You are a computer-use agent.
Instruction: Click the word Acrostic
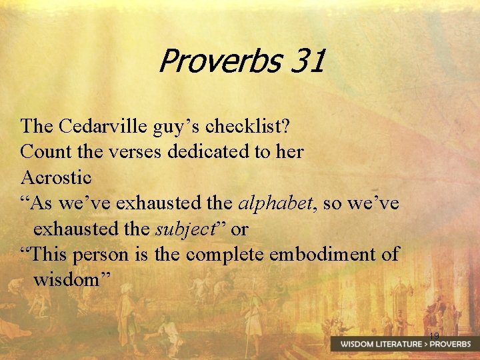coord(56,177)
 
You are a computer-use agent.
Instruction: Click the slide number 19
coord(434,335)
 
